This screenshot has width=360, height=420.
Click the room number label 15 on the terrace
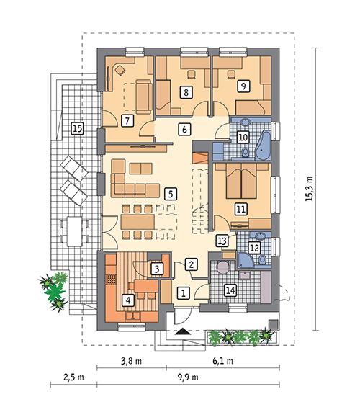point(77,129)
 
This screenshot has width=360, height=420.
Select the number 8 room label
point(187,92)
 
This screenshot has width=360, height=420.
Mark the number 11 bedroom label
point(241,209)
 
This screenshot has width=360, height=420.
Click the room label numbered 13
point(222,241)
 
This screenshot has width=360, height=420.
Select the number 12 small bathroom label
point(253,247)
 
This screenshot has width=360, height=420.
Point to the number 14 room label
point(230,290)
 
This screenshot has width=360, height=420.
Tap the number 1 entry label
point(184,292)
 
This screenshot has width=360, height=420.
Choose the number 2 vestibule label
point(191,264)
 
